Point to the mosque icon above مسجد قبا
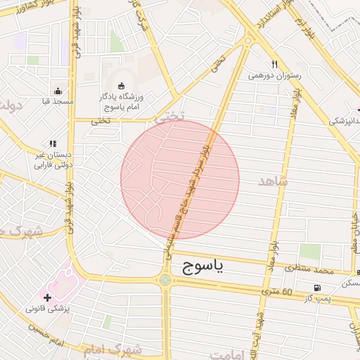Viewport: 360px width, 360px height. [58, 91]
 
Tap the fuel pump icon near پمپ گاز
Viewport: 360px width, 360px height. [318, 287]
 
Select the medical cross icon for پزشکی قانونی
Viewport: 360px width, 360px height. [47, 297]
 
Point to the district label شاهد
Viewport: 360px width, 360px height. [274, 181]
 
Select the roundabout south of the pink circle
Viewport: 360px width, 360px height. [165, 281]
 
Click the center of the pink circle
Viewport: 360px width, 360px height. [180, 180]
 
